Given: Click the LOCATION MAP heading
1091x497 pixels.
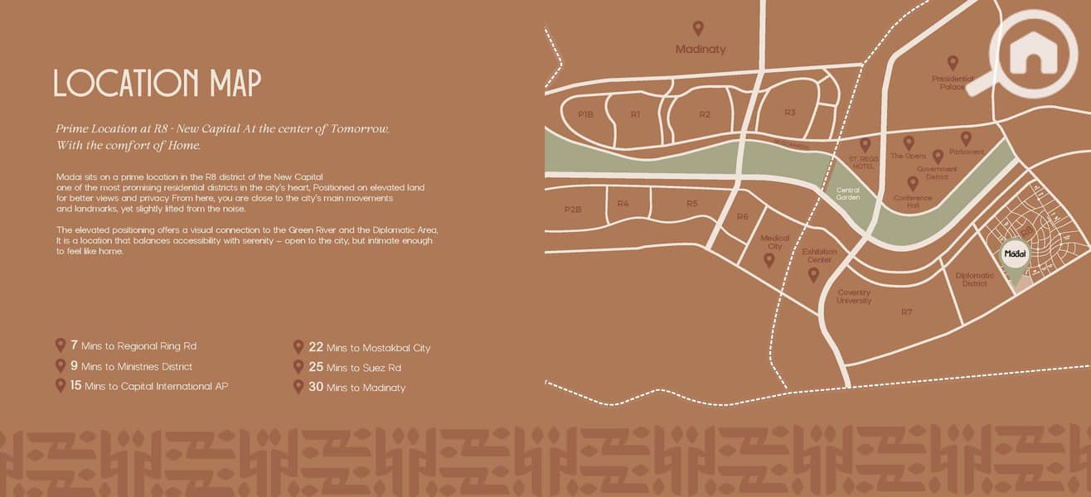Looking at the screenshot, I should (x=158, y=84).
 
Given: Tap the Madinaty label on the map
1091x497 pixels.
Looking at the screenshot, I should (x=701, y=49).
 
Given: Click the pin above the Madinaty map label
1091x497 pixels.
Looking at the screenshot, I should (x=698, y=28).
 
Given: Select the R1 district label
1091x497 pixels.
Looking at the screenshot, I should (x=635, y=114).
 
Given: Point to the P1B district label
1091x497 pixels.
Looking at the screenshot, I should (x=586, y=114).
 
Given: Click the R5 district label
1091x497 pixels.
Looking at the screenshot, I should (x=692, y=204).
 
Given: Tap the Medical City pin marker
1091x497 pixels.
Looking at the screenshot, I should (x=769, y=260).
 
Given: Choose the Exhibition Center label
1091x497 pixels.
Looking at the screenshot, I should (x=821, y=255).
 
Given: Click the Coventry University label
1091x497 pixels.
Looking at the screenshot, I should (x=854, y=297).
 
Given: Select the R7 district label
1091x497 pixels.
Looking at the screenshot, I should (x=906, y=311).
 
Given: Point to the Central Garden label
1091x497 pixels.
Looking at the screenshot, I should (x=848, y=194).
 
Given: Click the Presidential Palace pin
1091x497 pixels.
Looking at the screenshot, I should (x=953, y=62).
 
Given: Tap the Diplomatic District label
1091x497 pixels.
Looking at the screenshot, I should (x=975, y=279).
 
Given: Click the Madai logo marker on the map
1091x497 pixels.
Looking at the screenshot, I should (x=1016, y=256).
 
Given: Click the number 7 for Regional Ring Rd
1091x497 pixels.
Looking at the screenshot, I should (x=74, y=345).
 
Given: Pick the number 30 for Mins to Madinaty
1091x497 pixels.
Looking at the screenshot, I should (x=316, y=386).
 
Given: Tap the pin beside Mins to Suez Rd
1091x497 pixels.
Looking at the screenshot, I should (x=298, y=366).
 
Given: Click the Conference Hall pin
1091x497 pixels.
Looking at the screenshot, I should (x=913, y=183).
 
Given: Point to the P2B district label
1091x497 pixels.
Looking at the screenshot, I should (x=573, y=210).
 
